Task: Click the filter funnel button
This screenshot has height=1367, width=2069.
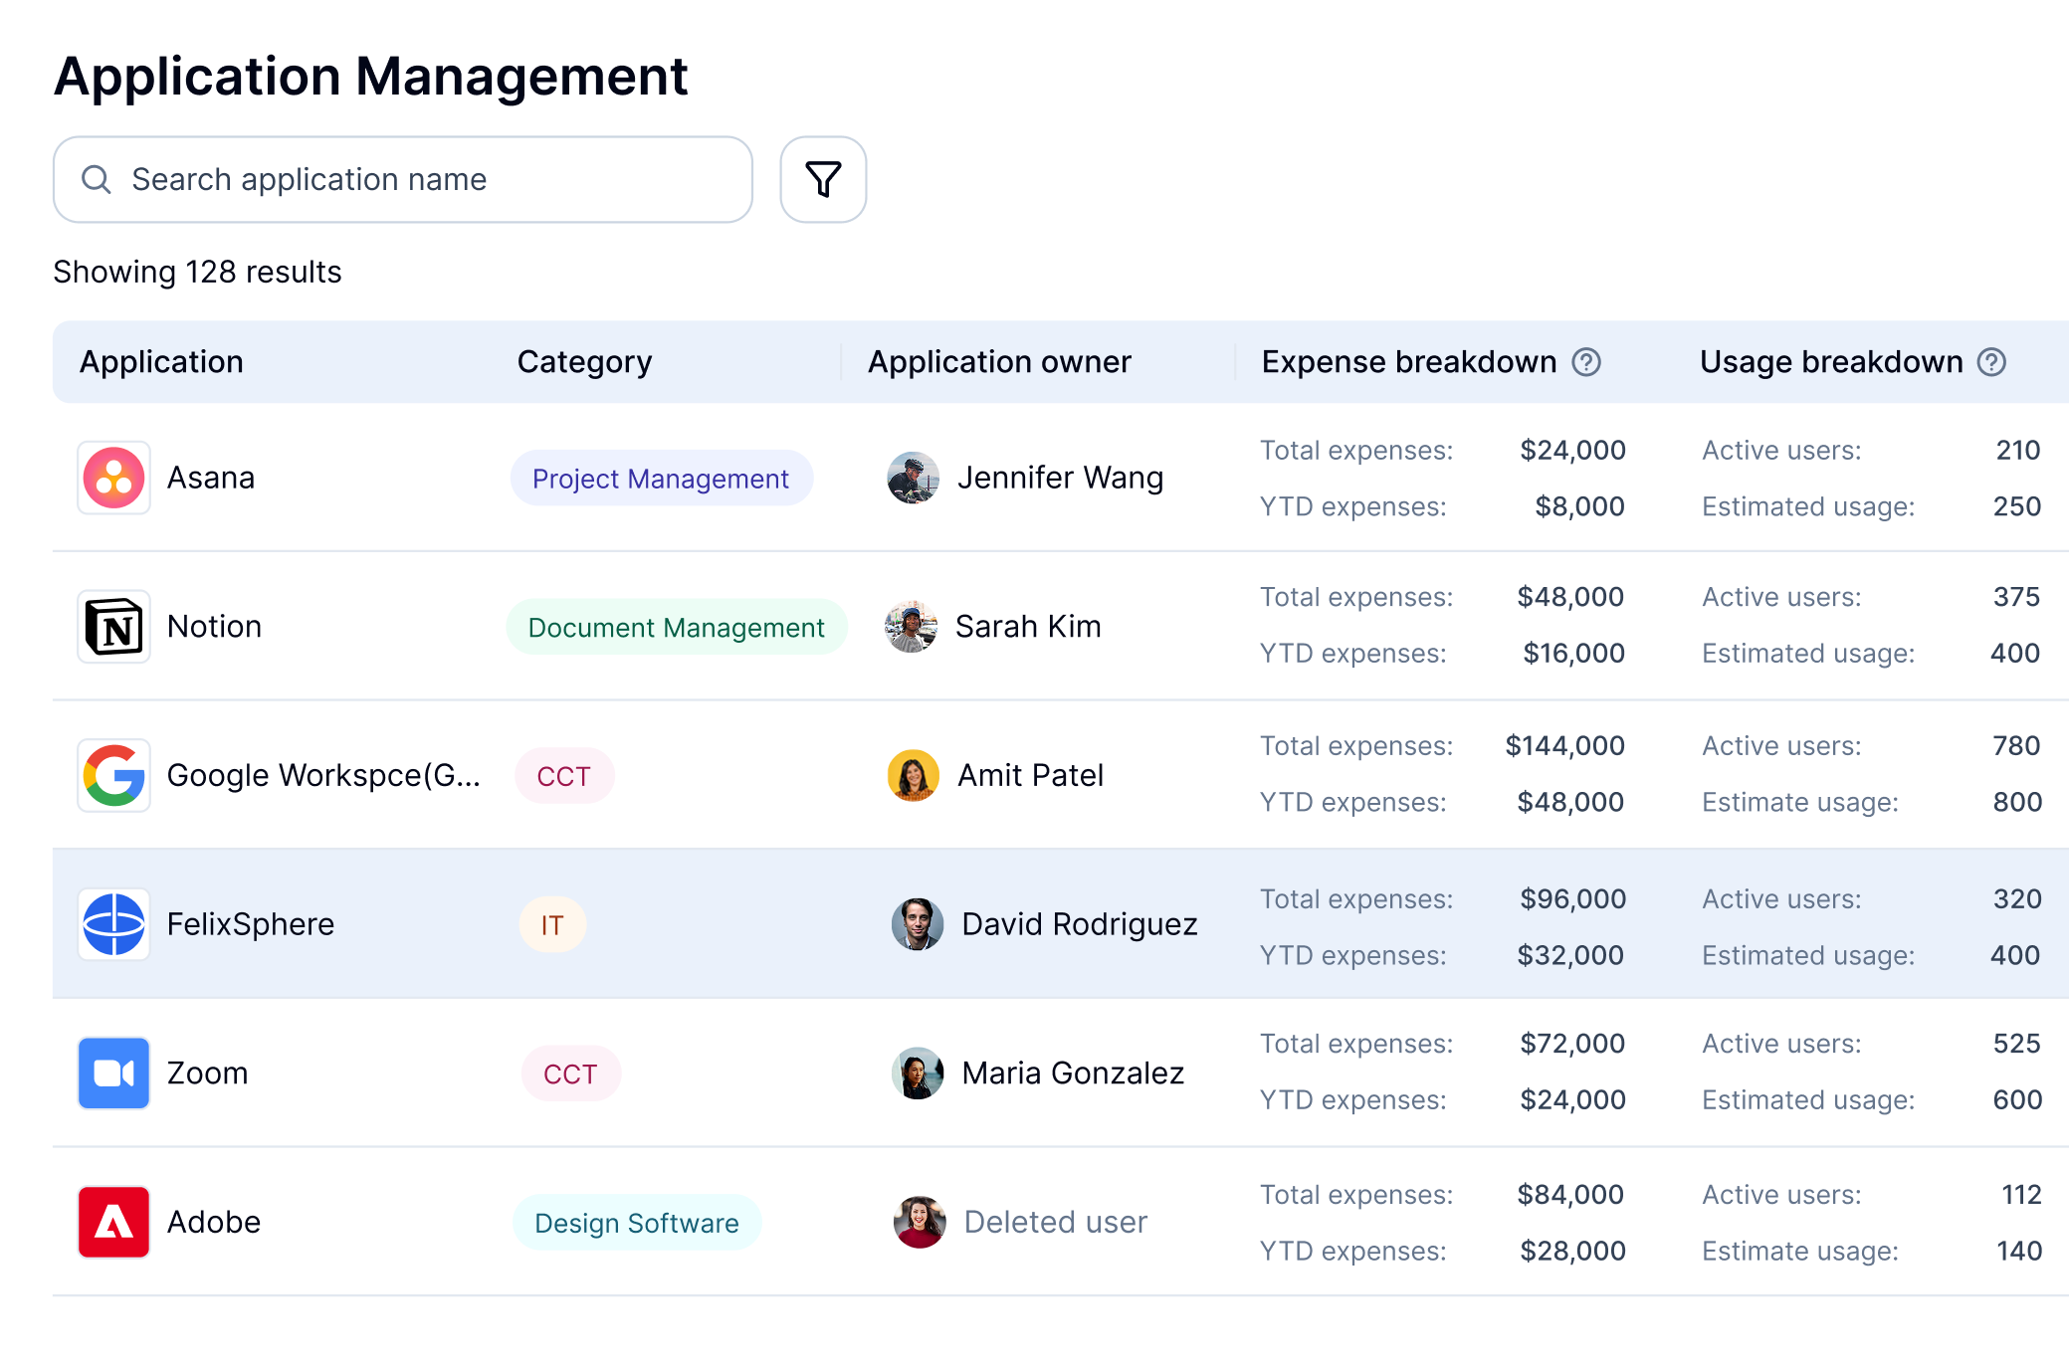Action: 823,179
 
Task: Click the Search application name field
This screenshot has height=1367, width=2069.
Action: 403,179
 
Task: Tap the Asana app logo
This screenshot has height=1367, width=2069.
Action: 114,478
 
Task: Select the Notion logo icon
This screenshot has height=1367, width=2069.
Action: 114,627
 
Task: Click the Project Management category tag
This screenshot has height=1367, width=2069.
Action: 661,479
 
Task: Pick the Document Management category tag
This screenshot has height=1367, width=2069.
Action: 676,628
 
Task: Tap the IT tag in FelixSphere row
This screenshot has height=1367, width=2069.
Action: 552,925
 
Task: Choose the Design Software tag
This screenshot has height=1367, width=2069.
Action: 637,1223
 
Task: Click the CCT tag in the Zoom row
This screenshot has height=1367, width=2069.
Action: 570,1074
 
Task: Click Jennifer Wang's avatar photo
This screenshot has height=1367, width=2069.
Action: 913,478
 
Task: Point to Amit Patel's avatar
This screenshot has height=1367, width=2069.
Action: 913,775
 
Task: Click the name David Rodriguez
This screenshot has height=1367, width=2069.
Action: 1080,924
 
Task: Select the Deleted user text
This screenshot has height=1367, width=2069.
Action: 1056,1222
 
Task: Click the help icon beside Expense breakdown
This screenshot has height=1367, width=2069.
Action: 1586,362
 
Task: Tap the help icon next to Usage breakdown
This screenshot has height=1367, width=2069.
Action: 1991,362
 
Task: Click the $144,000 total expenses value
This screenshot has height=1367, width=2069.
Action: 1564,745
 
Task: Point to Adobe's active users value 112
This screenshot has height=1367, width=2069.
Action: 2021,1194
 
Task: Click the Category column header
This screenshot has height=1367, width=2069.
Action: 584,362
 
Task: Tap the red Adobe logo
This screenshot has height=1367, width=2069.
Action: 114,1222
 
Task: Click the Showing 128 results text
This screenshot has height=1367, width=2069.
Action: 197,272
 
